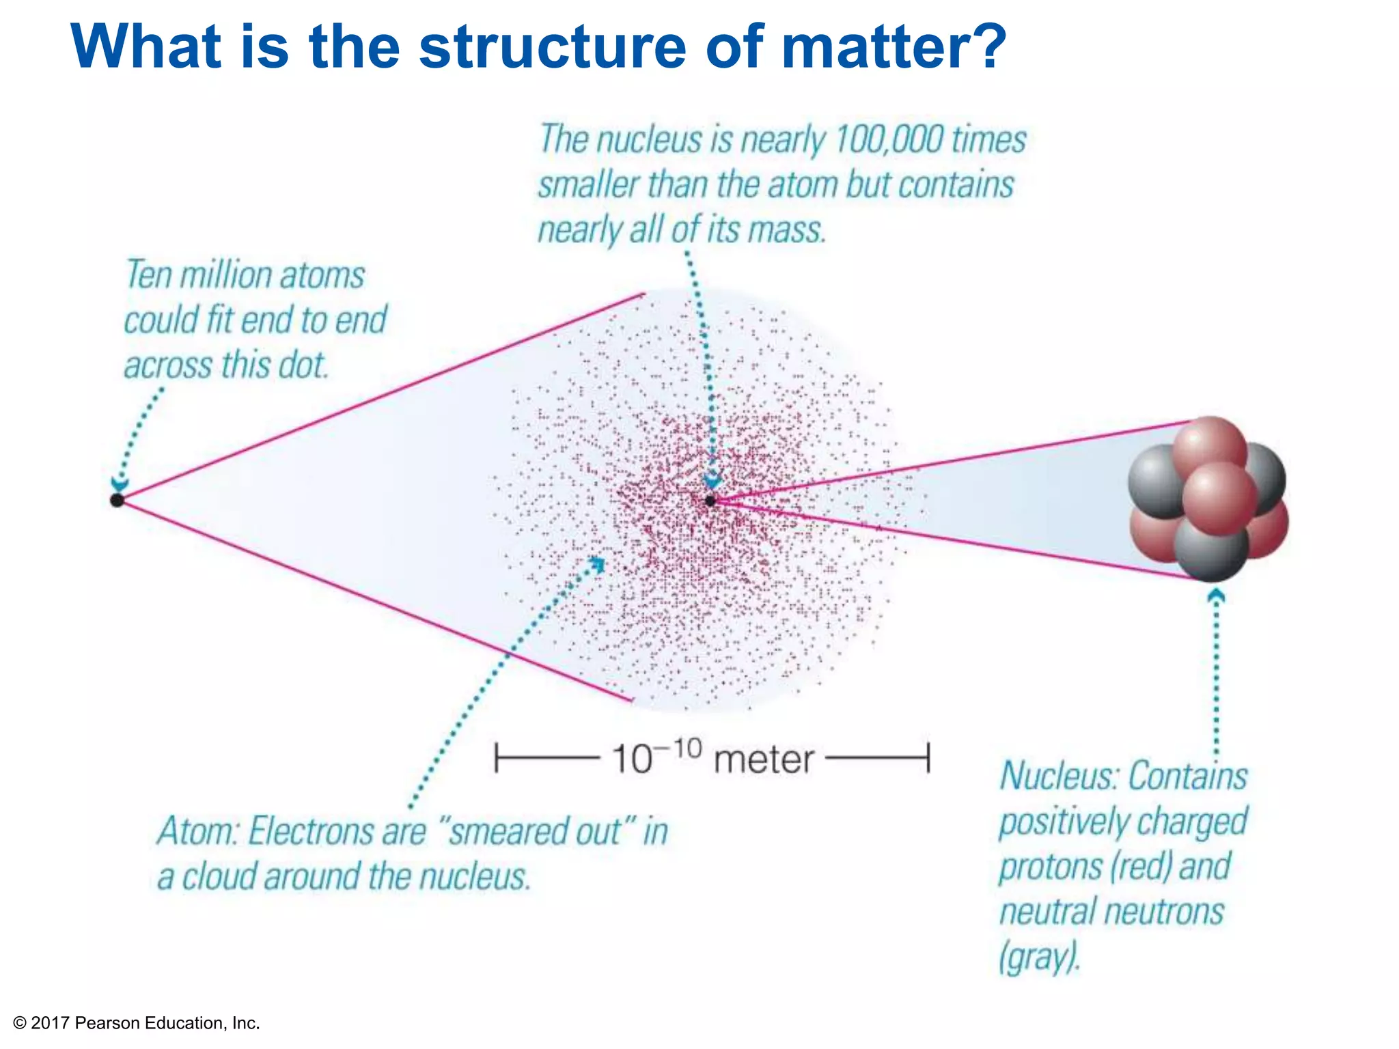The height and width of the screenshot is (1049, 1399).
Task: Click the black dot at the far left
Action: tap(117, 501)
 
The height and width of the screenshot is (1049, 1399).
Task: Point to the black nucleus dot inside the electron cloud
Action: tap(710, 501)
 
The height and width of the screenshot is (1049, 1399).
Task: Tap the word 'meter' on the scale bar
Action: tap(764, 760)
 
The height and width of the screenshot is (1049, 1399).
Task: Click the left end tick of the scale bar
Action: tap(497, 758)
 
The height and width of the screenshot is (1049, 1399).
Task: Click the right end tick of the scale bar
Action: tap(928, 758)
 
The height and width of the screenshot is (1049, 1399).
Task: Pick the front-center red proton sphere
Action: tap(1220, 499)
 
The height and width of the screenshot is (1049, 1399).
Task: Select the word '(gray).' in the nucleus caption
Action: tap(1040, 957)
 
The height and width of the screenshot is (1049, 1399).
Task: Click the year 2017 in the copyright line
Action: tap(51, 1023)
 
